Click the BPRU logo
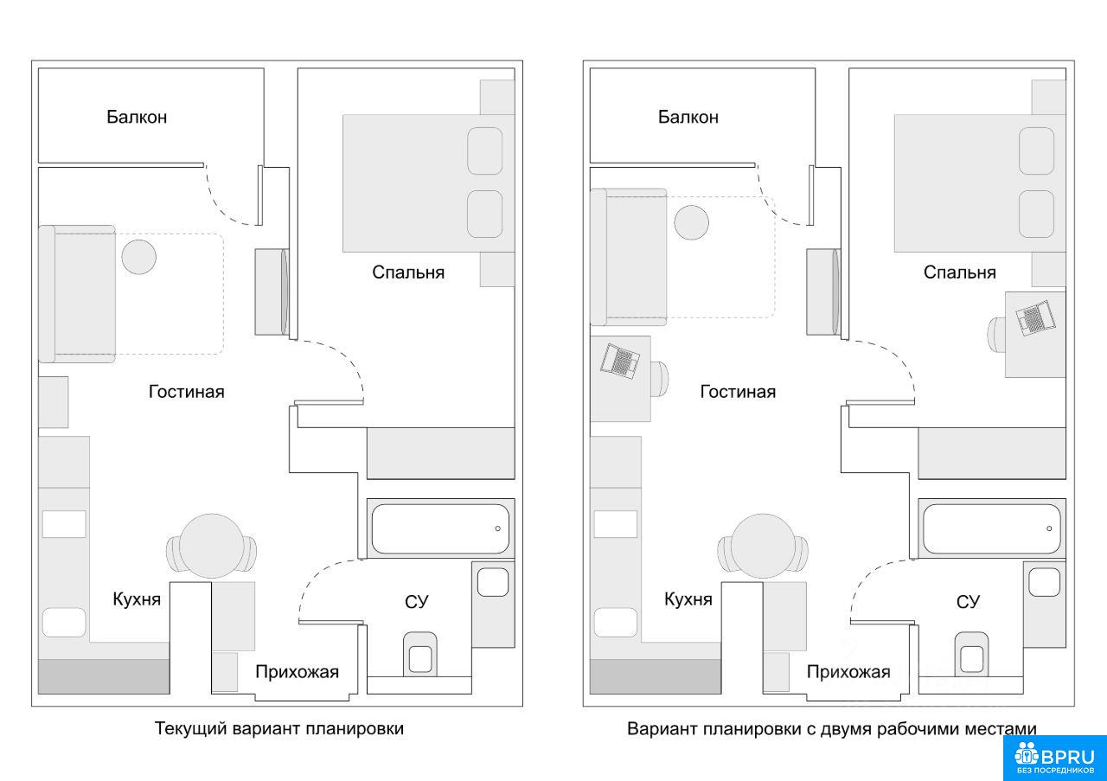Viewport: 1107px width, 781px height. point(1054,758)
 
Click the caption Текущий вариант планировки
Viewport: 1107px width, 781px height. point(279,728)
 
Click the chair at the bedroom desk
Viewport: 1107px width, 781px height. point(996,330)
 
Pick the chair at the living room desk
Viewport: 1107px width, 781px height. point(660,379)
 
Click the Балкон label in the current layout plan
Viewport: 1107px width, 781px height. point(137,117)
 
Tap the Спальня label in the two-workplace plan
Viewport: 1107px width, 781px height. point(959,272)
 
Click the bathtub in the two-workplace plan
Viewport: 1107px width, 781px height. point(991,528)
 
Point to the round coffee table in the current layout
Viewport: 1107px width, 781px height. point(138,257)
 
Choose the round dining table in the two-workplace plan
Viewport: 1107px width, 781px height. point(762,546)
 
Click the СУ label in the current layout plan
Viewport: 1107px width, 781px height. point(417,601)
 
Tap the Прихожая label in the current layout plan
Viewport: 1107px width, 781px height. point(297,672)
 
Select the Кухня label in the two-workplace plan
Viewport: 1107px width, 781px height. point(688,599)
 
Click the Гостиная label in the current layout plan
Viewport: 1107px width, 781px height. point(186,392)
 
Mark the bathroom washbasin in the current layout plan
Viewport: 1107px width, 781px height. point(493,581)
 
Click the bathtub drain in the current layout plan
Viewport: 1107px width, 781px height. point(497,528)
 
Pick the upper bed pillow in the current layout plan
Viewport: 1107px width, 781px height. point(484,150)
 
